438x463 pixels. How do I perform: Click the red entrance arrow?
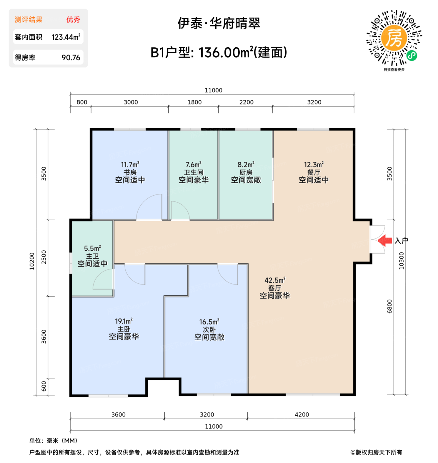click(385, 240)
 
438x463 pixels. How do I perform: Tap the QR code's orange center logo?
click(394, 38)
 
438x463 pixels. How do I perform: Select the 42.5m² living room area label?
click(275, 280)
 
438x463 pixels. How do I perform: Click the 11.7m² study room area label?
click(130, 165)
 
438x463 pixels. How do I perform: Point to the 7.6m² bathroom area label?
click(193, 165)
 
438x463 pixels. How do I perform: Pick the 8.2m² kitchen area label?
click(246, 165)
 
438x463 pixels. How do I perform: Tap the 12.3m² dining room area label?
click(314, 165)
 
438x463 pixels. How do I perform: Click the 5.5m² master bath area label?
click(92, 248)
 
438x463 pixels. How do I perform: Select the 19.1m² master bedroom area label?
click(124, 321)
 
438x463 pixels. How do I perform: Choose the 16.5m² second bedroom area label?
click(209, 322)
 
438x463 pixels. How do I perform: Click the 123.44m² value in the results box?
click(66, 37)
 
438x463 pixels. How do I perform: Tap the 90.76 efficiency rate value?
click(71, 58)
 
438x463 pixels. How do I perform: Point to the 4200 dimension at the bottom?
click(302, 415)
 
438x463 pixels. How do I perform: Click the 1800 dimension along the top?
click(194, 102)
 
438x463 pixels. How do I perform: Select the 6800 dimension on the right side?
click(389, 306)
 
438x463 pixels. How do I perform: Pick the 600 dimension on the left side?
click(44, 386)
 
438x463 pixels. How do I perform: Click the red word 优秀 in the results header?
click(73, 20)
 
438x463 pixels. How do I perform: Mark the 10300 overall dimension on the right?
click(401, 261)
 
